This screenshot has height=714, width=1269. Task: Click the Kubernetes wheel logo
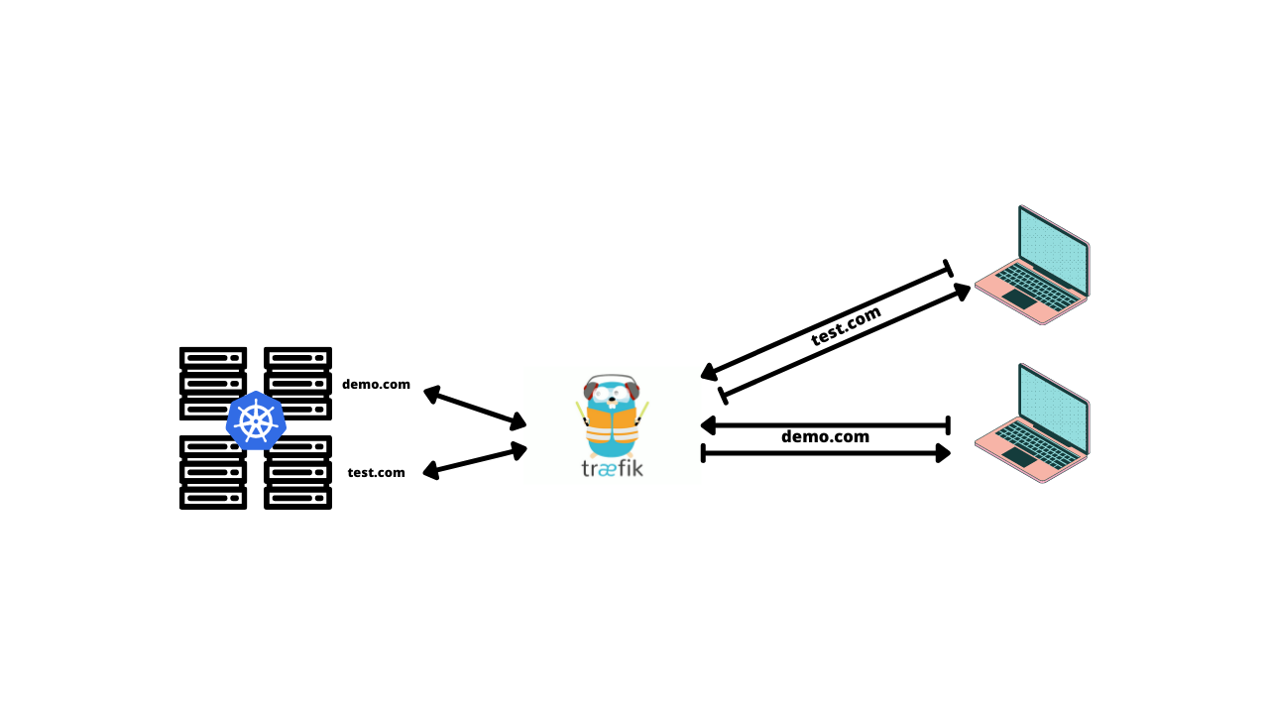(256, 420)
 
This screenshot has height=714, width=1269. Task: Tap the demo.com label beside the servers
(376, 385)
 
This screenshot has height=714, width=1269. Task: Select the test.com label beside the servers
(376, 473)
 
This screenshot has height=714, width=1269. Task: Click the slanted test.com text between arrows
(846, 325)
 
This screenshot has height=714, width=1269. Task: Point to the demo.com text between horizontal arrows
(825, 437)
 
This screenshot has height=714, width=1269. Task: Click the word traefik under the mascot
(612, 467)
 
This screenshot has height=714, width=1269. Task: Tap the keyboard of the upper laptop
(1037, 284)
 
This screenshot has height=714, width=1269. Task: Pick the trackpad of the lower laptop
(1018, 456)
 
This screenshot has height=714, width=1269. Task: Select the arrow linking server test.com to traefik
(475, 460)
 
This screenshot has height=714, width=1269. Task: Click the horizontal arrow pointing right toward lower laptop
(826, 453)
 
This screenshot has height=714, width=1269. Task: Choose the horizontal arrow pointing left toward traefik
(826, 425)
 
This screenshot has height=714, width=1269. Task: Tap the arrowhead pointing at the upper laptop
(962, 291)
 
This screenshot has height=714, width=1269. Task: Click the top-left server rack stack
(213, 383)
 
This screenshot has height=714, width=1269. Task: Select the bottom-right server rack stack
(297, 473)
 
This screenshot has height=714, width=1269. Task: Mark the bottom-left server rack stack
(213, 473)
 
